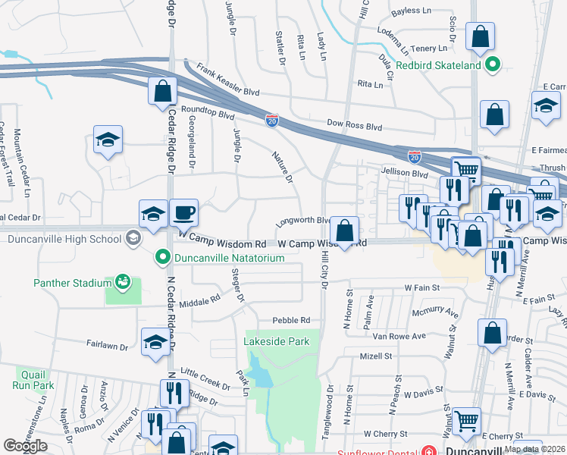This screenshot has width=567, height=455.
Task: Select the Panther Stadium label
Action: [72, 284]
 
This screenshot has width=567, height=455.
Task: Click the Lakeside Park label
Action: [277, 342]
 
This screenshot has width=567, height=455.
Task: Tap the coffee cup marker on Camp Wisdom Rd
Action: [183, 214]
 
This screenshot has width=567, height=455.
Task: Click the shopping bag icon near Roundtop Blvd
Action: [162, 92]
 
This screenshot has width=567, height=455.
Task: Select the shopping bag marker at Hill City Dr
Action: [344, 231]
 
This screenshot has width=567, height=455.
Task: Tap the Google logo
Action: [25, 446]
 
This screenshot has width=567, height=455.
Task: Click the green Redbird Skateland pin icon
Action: [493, 65]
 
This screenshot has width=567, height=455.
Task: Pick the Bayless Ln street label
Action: [412, 12]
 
